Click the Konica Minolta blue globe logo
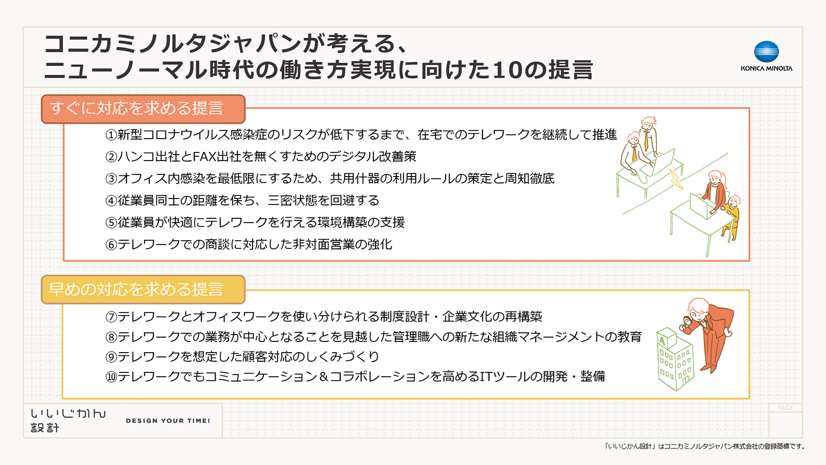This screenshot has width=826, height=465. (x=766, y=52)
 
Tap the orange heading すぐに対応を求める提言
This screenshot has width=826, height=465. (x=137, y=109)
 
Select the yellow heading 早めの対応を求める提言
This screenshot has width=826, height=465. (x=137, y=289)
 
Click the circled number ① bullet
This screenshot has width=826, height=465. (x=111, y=135)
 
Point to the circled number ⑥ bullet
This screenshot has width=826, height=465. (x=111, y=245)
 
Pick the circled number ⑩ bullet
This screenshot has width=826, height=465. (x=111, y=377)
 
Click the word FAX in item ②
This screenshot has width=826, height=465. (x=203, y=156)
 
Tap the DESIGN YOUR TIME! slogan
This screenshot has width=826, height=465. (x=168, y=421)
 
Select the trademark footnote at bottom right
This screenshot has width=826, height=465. (x=705, y=446)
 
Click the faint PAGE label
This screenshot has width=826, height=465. (x=785, y=408)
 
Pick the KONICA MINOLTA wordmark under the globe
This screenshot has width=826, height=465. (x=766, y=68)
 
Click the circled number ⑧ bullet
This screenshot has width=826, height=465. (x=111, y=337)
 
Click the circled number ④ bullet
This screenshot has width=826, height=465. (x=111, y=201)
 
